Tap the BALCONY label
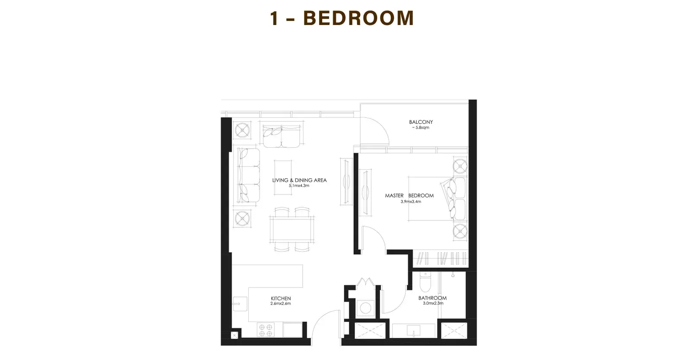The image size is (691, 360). click(421, 122)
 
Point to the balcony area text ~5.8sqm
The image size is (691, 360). click(421, 128)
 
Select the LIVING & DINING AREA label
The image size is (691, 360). click(299, 180)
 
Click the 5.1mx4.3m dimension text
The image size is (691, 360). click(299, 186)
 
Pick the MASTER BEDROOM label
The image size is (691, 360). click(409, 196)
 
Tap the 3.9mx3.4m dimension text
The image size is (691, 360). click(411, 202)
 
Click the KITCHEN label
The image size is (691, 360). click(281, 298)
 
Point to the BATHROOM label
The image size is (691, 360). click(432, 298)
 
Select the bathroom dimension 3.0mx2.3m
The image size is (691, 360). click(433, 303)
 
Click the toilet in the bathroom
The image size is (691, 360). click(425, 282)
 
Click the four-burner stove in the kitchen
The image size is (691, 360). click(266, 330)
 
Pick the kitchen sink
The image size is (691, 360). click(240, 304)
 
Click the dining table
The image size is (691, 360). click(292, 229)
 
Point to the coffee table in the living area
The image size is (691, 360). click(283, 177)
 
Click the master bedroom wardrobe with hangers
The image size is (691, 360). click(441, 258)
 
